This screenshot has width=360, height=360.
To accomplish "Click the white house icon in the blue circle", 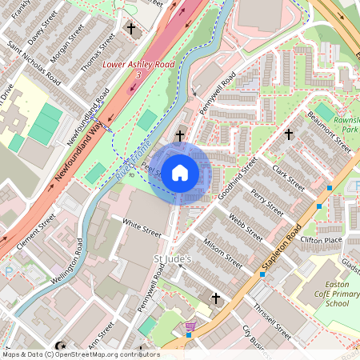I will pos(180,172).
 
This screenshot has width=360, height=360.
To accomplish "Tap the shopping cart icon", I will pos(190,326).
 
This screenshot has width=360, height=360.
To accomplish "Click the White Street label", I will pos(142,230).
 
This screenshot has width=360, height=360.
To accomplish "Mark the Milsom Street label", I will pos(223,249).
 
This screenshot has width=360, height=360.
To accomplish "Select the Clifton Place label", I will pos(321,240).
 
